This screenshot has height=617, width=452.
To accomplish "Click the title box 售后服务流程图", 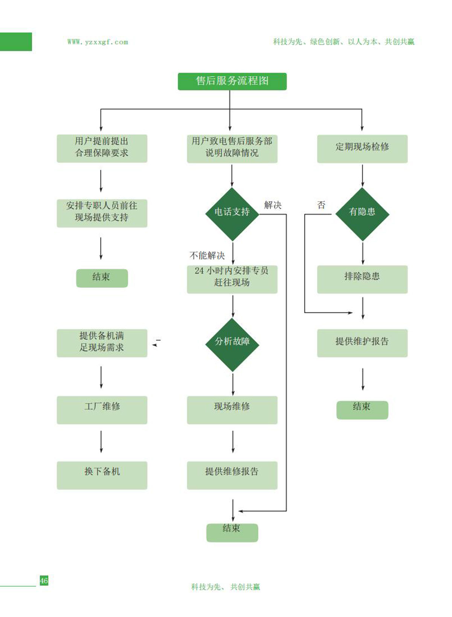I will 232,81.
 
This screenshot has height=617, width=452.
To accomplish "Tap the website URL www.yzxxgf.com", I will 98,42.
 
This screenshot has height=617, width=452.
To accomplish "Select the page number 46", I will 44,580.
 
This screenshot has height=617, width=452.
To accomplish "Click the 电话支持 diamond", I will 232,214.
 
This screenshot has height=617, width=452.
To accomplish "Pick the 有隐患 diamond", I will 362,214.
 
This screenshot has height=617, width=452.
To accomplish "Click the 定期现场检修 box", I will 362,149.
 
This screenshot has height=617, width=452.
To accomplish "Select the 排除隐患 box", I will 362,279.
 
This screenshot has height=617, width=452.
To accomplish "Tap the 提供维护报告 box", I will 362,343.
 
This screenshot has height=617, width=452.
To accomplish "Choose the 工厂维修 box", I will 102,410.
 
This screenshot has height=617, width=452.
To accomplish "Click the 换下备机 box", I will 102,475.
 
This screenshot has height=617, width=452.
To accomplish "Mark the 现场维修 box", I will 232,410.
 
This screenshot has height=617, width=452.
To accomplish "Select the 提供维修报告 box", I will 232,475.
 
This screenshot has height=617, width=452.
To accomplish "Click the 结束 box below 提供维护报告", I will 362,409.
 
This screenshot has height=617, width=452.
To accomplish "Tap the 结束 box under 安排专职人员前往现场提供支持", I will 102,278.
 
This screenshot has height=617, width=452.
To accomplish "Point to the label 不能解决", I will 207,256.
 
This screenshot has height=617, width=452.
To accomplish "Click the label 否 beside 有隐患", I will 321,205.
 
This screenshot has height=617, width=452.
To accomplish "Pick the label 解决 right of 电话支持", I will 273,205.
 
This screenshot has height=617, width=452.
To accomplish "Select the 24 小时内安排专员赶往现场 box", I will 232,279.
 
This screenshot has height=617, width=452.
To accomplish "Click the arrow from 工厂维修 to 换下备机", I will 101,442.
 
